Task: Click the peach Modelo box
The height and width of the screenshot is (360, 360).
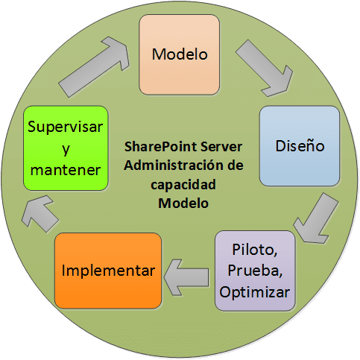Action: coord(180,54)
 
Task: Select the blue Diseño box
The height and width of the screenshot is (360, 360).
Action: coord(300,146)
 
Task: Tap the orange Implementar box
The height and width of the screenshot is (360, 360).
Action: coord(108,271)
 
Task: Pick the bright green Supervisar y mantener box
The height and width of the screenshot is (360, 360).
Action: coord(66,148)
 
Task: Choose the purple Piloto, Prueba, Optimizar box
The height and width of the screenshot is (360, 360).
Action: coord(255,271)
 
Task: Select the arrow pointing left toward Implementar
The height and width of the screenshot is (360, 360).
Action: coord(186,277)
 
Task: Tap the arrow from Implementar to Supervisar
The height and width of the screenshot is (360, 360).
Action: coord(40,214)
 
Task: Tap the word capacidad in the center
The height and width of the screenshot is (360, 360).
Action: coord(183,185)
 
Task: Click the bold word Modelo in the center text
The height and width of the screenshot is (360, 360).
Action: coord(183,203)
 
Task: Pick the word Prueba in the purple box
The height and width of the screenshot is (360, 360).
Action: coord(255,271)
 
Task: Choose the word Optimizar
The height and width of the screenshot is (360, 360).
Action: coord(255,292)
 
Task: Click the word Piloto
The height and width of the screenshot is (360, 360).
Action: coord(255,249)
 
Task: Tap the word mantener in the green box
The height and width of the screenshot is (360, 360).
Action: coord(66,170)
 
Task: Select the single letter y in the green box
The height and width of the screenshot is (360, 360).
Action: coord(66,150)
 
